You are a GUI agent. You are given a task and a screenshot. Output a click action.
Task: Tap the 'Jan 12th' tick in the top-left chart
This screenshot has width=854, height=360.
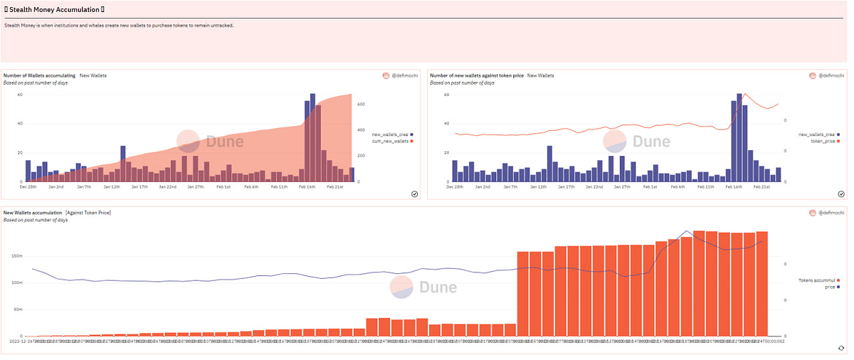tap(112, 187)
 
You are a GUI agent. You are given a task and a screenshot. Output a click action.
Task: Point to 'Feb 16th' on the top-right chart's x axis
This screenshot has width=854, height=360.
tap(734, 187)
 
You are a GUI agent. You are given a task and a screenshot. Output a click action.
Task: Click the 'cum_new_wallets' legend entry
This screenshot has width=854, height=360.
tap(391, 142)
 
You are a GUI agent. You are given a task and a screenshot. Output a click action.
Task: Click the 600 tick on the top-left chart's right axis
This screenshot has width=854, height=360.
tap(361, 105)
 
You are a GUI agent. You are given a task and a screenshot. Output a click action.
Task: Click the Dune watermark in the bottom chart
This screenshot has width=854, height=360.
tap(424, 287)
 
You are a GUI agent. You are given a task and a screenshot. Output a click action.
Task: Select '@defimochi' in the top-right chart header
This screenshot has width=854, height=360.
tap(831, 75)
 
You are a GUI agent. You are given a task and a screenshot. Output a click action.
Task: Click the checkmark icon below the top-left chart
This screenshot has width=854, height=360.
tap(413, 194)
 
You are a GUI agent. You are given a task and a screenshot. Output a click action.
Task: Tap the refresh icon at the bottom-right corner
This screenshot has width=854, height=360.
tap(841, 348)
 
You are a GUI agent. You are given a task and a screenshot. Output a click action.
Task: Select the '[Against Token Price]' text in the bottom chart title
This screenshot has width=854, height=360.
tap(88, 213)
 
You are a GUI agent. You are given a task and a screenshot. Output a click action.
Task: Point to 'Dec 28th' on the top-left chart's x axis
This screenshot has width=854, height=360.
tap(28, 187)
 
